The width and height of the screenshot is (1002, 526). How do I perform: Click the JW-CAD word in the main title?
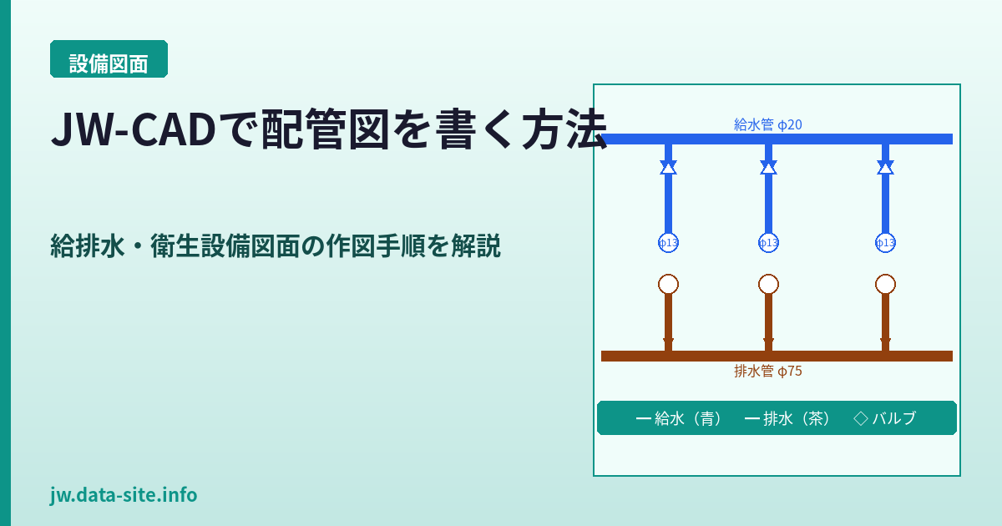click(132, 131)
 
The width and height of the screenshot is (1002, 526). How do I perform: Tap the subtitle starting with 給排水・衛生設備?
click(276, 246)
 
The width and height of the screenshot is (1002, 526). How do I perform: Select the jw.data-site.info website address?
click(124, 495)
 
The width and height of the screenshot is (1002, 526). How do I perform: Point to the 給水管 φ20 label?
click(768, 125)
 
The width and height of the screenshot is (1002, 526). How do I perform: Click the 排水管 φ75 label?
click(768, 372)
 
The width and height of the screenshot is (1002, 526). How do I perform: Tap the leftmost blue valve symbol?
click(668, 167)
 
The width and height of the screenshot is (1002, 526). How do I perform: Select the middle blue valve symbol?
click(768, 167)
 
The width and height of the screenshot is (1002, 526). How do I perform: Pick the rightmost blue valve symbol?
click(885, 167)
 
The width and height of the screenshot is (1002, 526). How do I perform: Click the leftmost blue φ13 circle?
click(668, 242)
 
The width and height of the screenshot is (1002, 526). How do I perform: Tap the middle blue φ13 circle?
click(768, 242)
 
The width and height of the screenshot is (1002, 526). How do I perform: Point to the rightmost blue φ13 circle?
click(885, 242)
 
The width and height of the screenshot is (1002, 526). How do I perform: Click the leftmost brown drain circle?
click(668, 284)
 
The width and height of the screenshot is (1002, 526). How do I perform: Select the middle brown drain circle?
click(768, 284)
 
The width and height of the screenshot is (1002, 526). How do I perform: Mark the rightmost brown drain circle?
click(885, 284)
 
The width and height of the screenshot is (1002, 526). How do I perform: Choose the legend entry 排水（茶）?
click(787, 418)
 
